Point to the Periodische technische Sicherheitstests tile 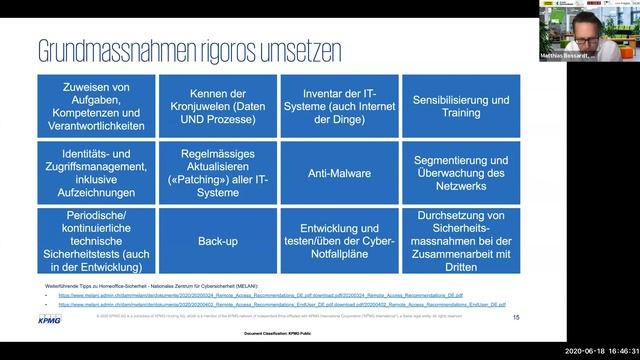coord(97,241)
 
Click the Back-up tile coord(218,241)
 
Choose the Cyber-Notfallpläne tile coord(339,241)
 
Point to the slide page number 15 coord(516,317)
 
